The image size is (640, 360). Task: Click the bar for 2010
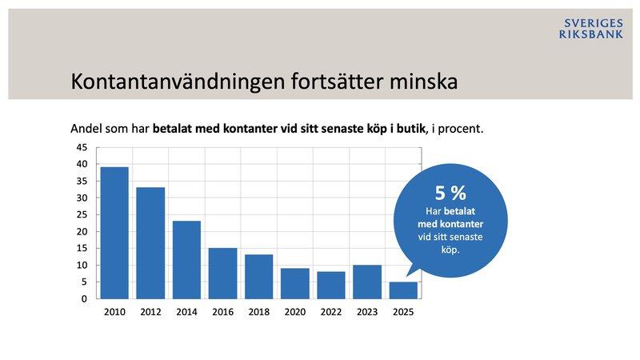point(114,233)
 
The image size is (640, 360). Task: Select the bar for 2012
point(150,243)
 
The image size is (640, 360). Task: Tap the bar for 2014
point(186,260)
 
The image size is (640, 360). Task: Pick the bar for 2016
point(222,274)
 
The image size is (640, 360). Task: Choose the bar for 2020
point(294,284)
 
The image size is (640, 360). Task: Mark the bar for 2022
point(330,286)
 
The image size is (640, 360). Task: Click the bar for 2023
point(367,282)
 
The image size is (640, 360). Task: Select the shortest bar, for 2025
point(403,290)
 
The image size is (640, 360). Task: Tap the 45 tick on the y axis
point(81,147)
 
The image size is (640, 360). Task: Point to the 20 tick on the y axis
point(81,232)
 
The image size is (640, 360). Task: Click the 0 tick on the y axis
point(84,299)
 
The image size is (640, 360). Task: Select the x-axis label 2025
point(403,312)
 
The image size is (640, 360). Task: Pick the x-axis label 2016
point(222,312)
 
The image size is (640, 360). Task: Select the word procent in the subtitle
point(462,128)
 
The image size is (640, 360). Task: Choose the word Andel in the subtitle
point(87,128)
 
